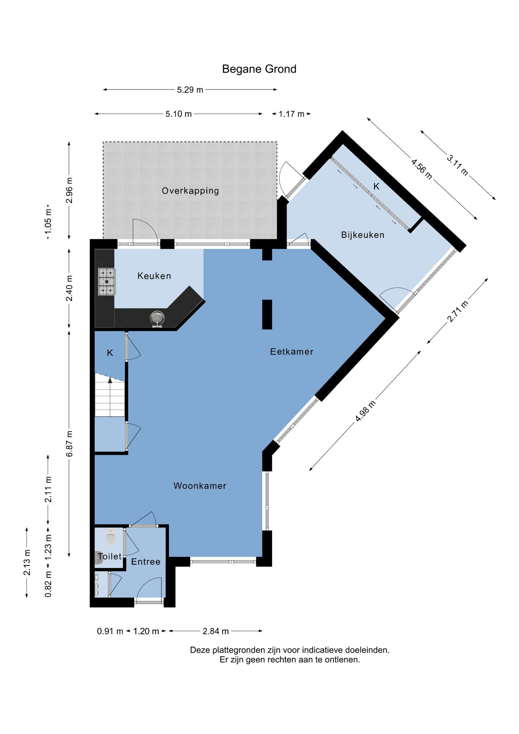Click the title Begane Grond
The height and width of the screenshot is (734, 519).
coord(259,69)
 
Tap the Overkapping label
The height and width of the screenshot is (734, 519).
coord(190,191)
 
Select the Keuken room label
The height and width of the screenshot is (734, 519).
coord(154,276)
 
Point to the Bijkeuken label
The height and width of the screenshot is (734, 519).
coord(363,235)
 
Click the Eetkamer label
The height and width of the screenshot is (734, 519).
coord(292,352)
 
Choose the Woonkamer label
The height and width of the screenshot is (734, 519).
coord(200,486)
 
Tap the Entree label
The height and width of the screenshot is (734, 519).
coord(146,562)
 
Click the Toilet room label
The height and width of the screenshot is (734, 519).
coord(109,556)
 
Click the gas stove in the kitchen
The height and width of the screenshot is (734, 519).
coord(107,282)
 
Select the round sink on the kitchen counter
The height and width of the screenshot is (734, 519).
coord(157,318)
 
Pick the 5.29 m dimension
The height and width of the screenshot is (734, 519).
coord(190,90)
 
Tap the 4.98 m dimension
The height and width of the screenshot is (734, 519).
coord(365,411)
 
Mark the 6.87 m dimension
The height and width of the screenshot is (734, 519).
coord(69,443)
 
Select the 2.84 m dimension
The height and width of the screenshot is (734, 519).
coord(216,631)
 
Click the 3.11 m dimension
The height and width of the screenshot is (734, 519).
coord(457,165)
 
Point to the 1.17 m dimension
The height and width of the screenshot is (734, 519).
coord(291,114)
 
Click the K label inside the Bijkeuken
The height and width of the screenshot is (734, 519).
coord(376,186)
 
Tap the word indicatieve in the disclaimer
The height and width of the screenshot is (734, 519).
coord(321,650)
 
